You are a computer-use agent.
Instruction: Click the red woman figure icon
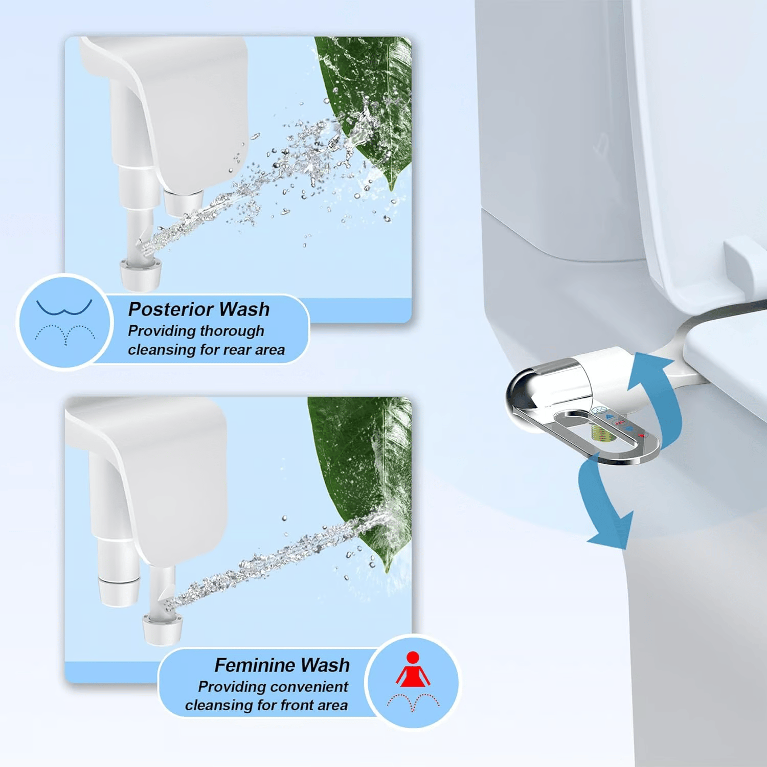(x=413, y=670)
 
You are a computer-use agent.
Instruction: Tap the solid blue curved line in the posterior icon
(x=64, y=308)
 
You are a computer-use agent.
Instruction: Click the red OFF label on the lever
(x=620, y=422)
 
